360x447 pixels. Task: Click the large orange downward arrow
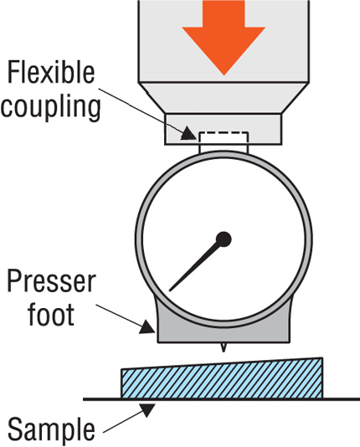(x=224, y=37)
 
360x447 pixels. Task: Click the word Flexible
(x=51, y=73)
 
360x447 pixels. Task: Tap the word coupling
(x=50, y=108)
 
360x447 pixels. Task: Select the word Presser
(x=51, y=281)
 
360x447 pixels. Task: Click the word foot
(x=51, y=315)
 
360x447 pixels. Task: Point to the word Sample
(x=51, y=429)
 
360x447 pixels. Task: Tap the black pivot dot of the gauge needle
(x=224, y=239)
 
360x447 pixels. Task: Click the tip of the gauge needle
(x=170, y=290)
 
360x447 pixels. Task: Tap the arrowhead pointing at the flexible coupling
(x=188, y=134)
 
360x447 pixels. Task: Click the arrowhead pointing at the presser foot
(x=148, y=327)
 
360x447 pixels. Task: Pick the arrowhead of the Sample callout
(x=147, y=409)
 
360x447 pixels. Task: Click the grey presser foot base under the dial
(x=224, y=332)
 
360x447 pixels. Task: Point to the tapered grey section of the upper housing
(x=224, y=98)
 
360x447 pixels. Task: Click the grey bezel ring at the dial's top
(x=224, y=154)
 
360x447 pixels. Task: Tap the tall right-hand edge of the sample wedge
(x=322, y=378)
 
